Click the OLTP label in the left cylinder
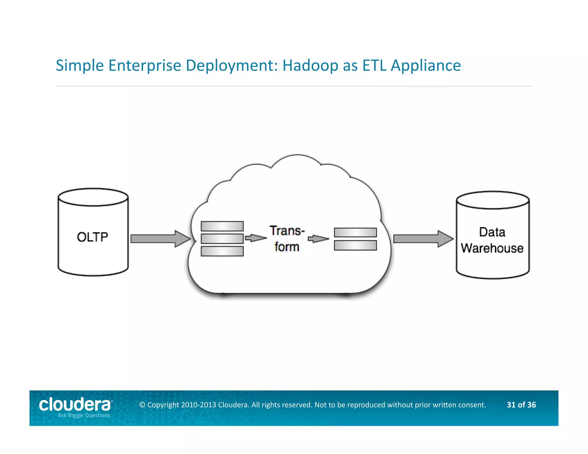(92, 237)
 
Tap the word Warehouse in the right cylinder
(492, 248)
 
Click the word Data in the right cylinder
(492, 232)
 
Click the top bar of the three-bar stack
(222, 226)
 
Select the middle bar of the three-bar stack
(222, 238)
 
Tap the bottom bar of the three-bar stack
(222, 251)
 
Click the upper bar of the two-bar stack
(355, 232)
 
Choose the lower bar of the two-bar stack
(355, 246)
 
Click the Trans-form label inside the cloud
(287, 239)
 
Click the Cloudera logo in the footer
(75, 405)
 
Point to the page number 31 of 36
(521, 405)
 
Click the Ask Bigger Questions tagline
(84, 415)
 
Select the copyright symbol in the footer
(142, 405)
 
